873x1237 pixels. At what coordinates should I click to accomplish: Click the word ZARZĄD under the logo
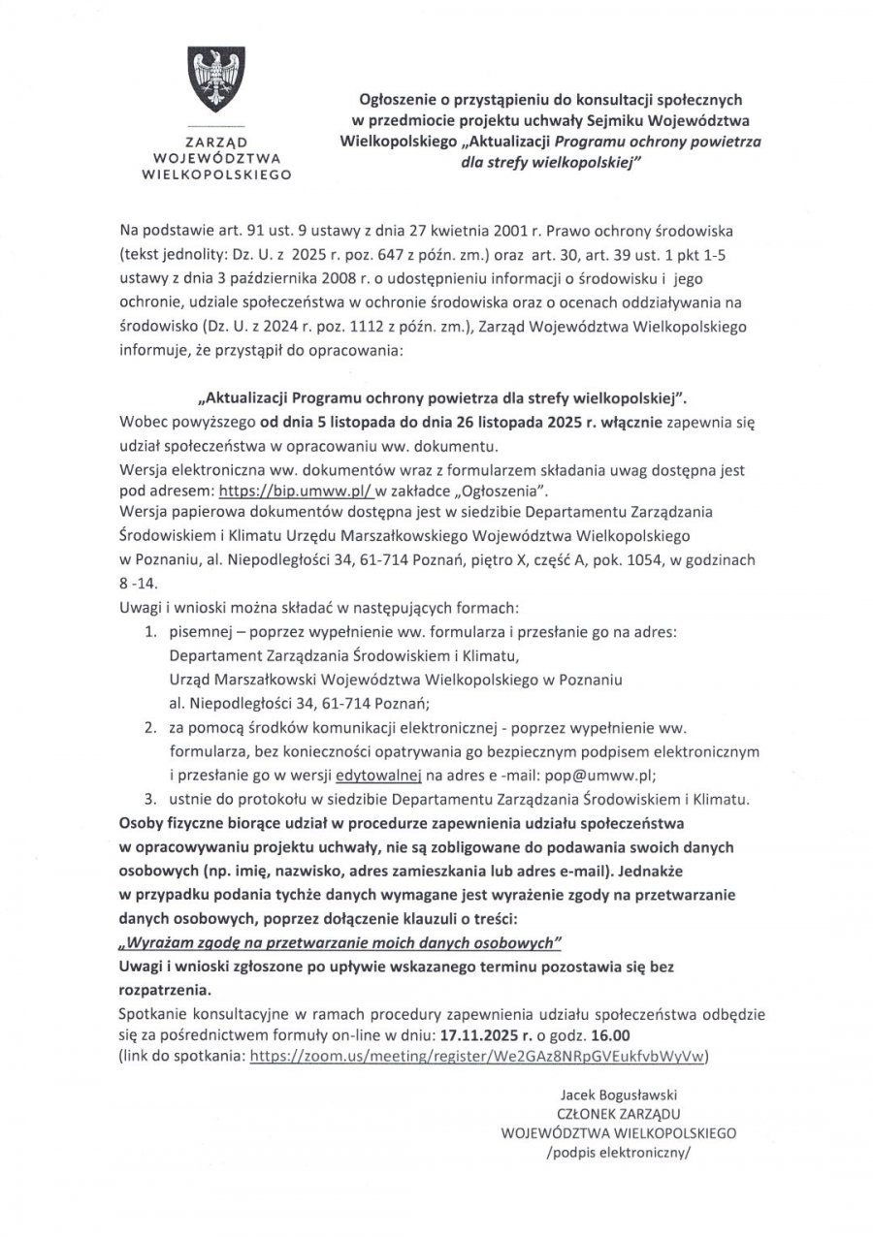point(216,141)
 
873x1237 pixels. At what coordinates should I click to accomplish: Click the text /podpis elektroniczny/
point(621,1153)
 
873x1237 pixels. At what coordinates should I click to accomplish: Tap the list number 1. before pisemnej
point(150,631)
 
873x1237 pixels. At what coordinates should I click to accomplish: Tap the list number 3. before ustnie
point(150,797)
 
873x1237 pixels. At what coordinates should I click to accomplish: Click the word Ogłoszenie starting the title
point(399,98)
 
